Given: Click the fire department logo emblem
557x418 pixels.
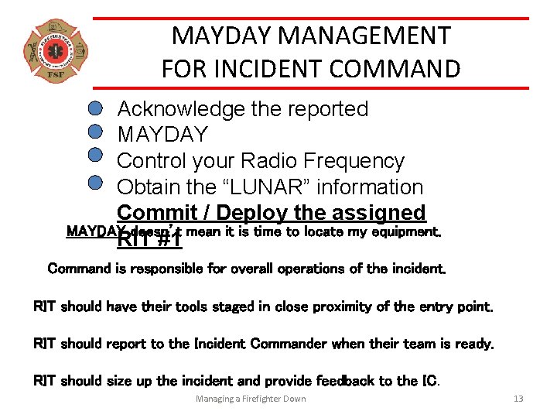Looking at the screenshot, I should tap(55, 52).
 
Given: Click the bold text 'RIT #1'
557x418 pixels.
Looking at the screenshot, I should tap(149, 240).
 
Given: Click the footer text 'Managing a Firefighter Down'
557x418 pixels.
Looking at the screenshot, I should tap(251, 399).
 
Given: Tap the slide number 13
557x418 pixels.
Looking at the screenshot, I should tap(518, 399).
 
